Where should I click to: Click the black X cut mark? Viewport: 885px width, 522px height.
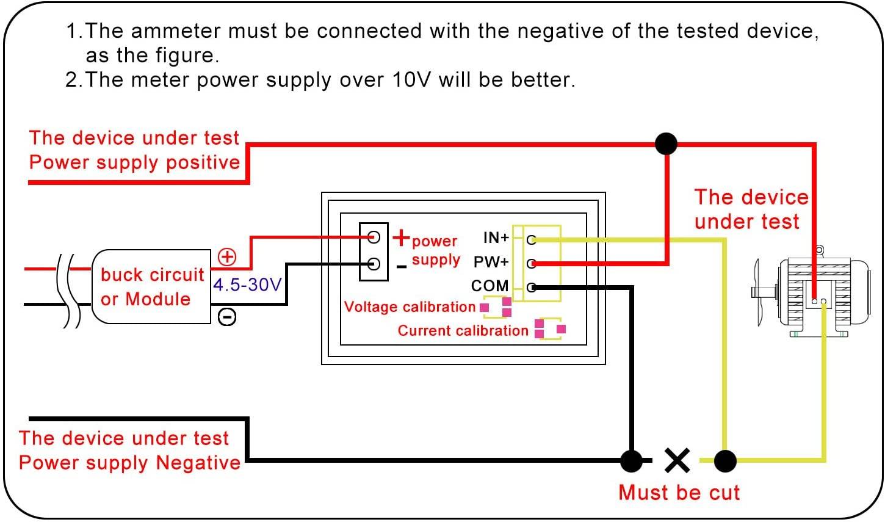point(677,461)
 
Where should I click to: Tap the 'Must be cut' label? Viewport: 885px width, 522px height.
point(679,492)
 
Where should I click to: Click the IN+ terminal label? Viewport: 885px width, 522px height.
point(496,237)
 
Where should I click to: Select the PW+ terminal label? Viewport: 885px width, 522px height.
point(491,262)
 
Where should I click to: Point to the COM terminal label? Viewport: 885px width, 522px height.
point(489,286)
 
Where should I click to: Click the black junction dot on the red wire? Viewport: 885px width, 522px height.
point(666,144)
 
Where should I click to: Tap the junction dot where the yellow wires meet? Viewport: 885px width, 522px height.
point(725,461)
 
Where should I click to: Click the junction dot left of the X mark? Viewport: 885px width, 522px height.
point(631,461)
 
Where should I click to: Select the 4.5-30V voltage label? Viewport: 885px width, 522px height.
point(247,285)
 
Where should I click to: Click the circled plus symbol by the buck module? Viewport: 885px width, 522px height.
point(227,256)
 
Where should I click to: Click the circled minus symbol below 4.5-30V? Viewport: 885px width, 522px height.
point(227,316)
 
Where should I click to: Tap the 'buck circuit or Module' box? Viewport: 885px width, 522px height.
point(151,286)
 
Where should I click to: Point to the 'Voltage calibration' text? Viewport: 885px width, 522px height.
point(410,306)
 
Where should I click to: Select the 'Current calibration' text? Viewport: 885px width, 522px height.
point(463,330)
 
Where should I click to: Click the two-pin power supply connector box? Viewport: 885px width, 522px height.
point(374,251)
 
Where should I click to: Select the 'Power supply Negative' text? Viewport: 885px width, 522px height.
point(129,462)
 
